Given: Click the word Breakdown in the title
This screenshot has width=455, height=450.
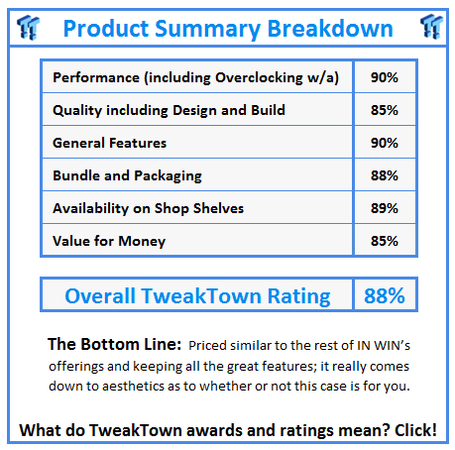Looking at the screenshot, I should coord(332,28).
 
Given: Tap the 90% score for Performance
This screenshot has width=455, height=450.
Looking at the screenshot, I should coord(386,77).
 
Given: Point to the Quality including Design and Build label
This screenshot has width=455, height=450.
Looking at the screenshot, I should coord(169,110).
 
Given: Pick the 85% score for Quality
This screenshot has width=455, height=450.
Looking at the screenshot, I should coord(386,110).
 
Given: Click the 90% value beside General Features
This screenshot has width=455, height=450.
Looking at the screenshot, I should coord(386,143).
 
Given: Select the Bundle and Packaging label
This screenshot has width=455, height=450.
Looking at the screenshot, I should coord(127,175).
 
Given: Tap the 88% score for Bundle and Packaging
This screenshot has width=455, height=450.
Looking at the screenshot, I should coord(386,175).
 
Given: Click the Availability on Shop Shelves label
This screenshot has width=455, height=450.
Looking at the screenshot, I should coord(148,208).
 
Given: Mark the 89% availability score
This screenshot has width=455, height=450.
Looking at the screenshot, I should coord(386,208).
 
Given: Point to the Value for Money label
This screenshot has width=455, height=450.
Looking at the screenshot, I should coord(109,240).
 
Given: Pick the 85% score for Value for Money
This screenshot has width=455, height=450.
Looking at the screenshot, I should coord(386,240).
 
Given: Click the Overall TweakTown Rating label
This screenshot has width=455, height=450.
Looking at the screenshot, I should coord(197,295).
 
